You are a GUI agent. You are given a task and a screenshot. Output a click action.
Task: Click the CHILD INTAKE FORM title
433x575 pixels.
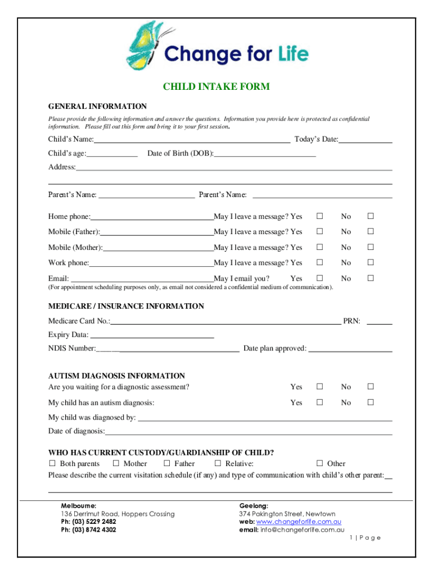click(216, 86)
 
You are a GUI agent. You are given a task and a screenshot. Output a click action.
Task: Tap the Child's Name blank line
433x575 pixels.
click(192, 139)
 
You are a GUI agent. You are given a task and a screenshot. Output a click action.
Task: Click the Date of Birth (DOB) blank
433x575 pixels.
click(264, 153)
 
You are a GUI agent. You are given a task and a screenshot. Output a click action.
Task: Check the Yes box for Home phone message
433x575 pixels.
click(319, 216)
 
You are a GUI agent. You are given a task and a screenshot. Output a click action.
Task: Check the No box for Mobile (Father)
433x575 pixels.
click(371, 231)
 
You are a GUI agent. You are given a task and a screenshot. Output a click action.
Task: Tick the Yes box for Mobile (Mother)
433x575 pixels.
click(319, 247)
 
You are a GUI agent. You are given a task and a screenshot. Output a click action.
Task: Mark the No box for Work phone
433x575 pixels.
click(371, 262)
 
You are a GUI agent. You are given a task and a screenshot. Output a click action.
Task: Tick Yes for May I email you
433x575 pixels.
click(319, 278)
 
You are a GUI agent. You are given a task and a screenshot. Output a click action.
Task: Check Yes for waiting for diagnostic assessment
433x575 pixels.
click(319, 386)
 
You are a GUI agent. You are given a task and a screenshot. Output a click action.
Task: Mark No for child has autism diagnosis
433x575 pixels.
click(371, 402)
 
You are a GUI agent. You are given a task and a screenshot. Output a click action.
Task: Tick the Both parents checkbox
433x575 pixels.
click(52, 463)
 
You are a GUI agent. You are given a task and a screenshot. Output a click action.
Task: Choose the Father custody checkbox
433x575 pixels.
click(167, 463)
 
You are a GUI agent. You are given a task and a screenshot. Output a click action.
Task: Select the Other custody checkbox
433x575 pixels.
click(319, 463)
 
